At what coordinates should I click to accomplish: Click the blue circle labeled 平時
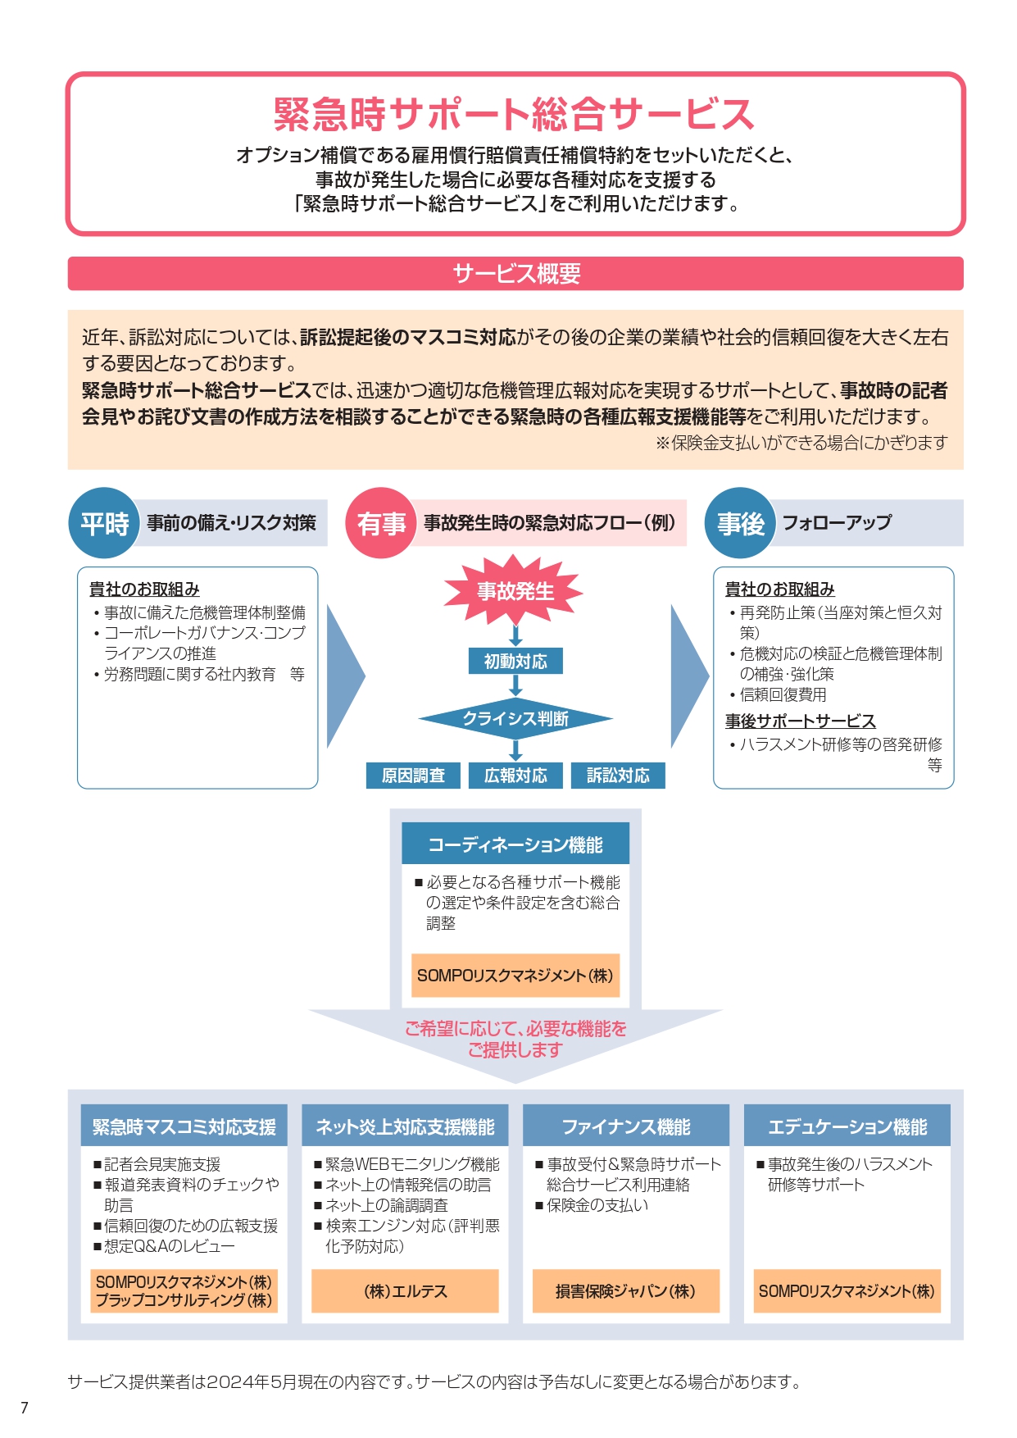click(104, 523)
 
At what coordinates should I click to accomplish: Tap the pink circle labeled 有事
click(381, 523)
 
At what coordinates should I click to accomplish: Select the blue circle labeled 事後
click(740, 523)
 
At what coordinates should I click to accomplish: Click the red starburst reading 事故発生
click(515, 590)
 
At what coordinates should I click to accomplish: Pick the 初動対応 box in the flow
click(515, 661)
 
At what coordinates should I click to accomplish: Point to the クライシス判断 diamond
click(515, 719)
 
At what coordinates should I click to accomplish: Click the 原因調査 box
click(413, 776)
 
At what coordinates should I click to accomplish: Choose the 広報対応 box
click(515, 776)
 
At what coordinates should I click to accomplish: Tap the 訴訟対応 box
click(618, 776)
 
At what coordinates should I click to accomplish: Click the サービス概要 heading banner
click(515, 273)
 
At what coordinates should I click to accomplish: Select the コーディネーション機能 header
click(515, 844)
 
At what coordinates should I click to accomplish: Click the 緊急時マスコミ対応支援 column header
click(184, 1126)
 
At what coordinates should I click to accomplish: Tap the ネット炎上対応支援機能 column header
click(405, 1126)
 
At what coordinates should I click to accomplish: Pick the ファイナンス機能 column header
click(626, 1126)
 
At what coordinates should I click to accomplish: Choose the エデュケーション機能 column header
click(847, 1126)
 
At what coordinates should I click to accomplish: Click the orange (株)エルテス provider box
click(405, 1291)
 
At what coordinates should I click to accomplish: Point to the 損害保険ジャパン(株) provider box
click(626, 1291)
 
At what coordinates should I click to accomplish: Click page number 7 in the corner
click(25, 1408)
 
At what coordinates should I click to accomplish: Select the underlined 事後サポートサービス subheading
click(800, 721)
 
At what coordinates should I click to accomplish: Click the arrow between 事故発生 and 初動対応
click(515, 635)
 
